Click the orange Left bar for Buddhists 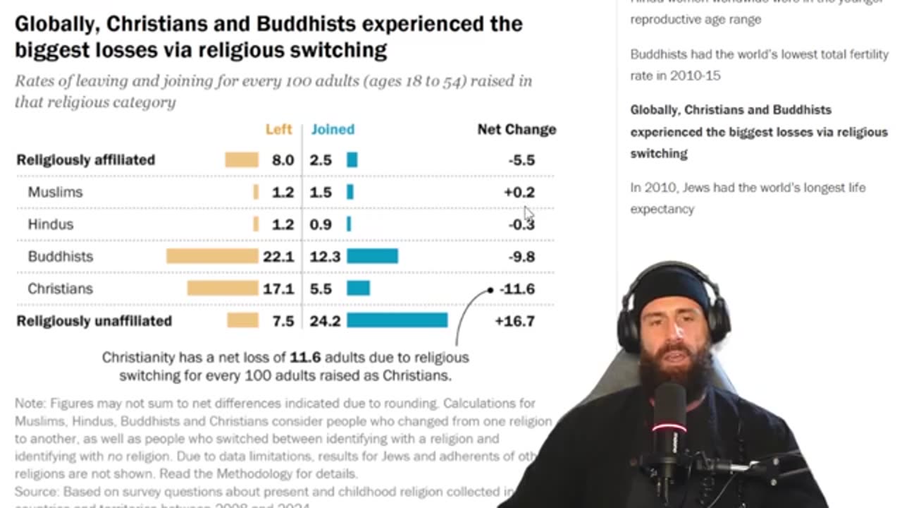(212, 256)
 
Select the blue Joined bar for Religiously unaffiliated (397, 321)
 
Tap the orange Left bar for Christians (223, 289)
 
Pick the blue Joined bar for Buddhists (372, 256)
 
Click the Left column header (278, 129)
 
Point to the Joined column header (333, 129)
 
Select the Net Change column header (517, 129)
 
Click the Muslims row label (55, 192)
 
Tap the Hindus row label (51, 224)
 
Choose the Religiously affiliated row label (85, 159)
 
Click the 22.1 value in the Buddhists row (278, 256)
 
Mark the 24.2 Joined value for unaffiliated (325, 321)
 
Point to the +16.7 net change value (514, 321)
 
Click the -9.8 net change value (521, 256)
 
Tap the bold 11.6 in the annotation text (305, 357)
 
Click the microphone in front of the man (667, 423)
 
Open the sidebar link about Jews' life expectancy (748, 198)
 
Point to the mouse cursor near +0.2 (529, 213)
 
